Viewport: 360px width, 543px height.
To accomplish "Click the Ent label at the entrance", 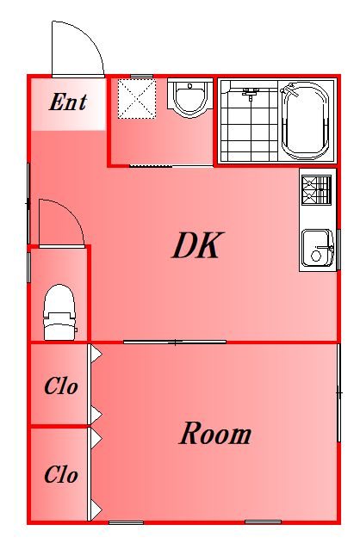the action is [x=68, y=102].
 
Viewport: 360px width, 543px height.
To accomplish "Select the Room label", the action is [x=215, y=433].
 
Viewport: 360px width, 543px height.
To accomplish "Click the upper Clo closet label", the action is [x=61, y=386].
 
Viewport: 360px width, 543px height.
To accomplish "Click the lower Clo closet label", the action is [x=61, y=474].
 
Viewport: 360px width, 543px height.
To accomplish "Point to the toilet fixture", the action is [x=59, y=312].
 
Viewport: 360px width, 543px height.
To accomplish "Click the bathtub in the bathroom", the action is [x=305, y=120].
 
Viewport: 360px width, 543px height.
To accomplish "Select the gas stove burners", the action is [x=316, y=189].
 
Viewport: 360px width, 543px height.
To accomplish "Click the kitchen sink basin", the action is [x=317, y=247].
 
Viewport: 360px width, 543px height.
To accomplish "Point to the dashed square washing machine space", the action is [x=137, y=99].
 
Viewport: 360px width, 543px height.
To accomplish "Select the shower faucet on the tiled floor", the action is [x=251, y=93].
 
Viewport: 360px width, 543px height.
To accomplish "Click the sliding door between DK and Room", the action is [x=175, y=342].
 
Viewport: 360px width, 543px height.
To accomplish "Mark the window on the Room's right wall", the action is [x=338, y=392].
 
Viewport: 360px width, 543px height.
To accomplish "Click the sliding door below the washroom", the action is [x=171, y=166].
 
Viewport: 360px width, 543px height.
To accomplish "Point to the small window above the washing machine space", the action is [x=142, y=76].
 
